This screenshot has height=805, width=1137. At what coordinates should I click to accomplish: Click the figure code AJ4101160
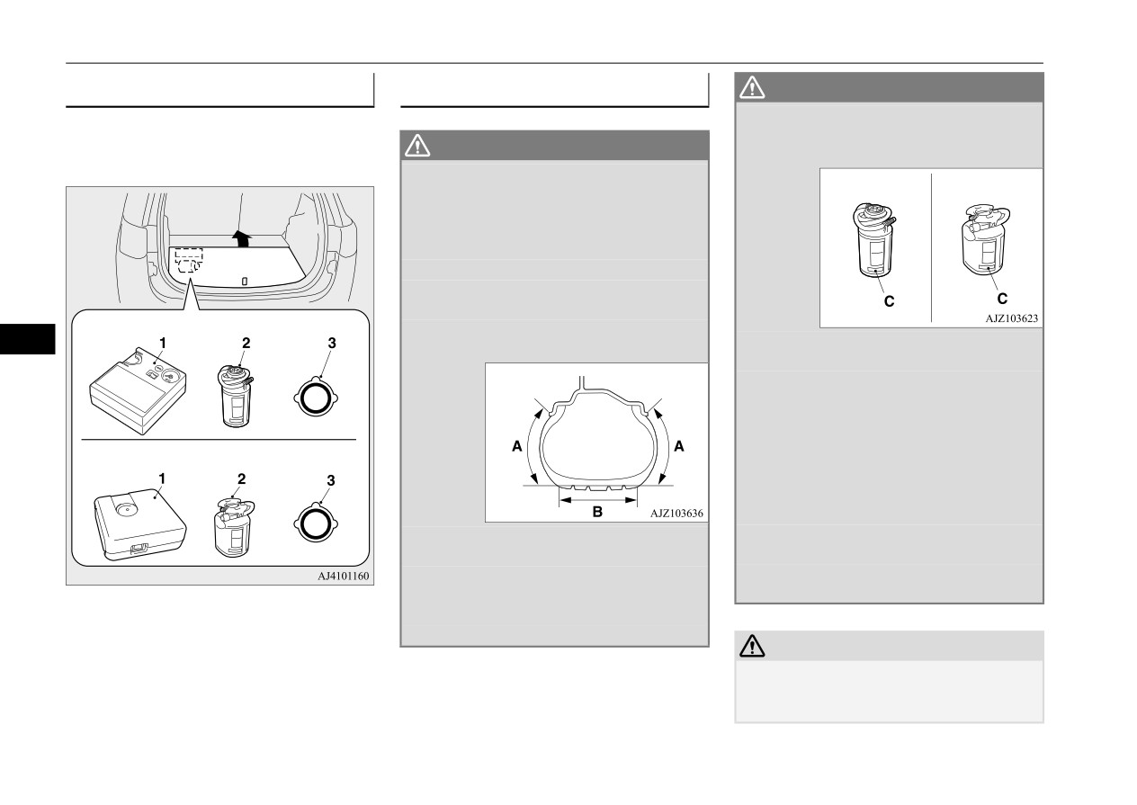(x=343, y=576)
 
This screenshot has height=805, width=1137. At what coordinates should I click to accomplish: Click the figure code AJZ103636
(x=676, y=514)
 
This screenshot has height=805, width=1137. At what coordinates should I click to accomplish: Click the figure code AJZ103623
(x=1012, y=318)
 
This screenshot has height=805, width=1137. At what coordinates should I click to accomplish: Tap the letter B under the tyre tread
(x=597, y=512)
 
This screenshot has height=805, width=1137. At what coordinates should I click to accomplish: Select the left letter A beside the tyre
(x=516, y=446)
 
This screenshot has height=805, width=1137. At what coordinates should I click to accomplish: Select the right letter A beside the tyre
(x=678, y=446)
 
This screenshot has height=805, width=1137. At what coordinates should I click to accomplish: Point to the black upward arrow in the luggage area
(x=242, y=238)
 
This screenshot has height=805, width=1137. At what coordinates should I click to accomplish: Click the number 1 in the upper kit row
(x=163, y=344)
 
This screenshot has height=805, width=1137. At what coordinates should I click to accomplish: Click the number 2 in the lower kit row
(x=242, y=479)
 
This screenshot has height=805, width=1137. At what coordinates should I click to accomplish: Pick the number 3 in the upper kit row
(x=332, y=343)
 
